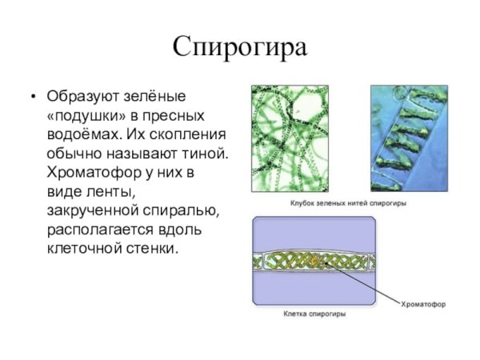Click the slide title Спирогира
[x=240, y=46]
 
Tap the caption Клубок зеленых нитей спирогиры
[x=347, y=204]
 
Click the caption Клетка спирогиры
[x=315, y=314]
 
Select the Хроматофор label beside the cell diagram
[x=423, y=304]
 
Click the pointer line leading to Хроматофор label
[x=368, y=283]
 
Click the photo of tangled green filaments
[x=301, y=138]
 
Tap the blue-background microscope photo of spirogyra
[x=408, y=138]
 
